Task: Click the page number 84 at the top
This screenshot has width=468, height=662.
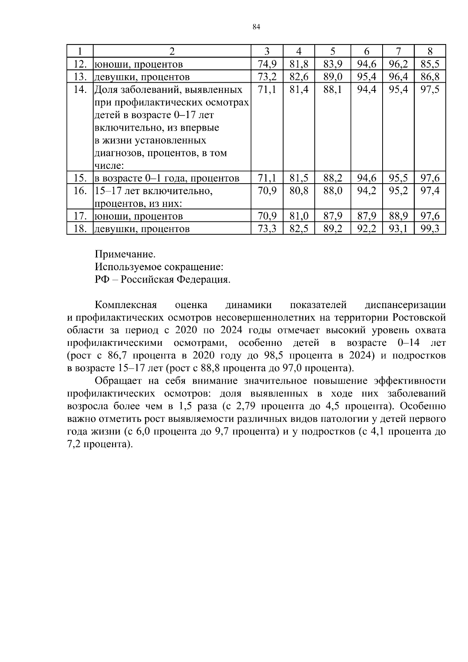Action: (256, 27)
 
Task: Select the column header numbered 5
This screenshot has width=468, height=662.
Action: (333, 51)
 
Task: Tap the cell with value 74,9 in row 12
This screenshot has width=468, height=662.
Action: (267, 64)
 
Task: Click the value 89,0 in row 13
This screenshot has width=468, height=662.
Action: (333, 76)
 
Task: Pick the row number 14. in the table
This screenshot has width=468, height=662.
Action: (80, 89)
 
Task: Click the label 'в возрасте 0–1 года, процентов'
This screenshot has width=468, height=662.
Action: (167, 178)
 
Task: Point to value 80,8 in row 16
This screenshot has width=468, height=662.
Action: (299, 191)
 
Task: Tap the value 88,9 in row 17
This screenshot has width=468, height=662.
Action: (398, 216)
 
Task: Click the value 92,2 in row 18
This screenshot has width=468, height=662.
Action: (367, 229)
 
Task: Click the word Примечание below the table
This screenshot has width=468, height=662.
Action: (125, 255)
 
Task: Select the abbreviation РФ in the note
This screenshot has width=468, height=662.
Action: (102, 280)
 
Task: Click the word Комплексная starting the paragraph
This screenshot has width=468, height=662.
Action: (126, 305)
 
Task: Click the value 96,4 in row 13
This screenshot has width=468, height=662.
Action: (398, 76)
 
